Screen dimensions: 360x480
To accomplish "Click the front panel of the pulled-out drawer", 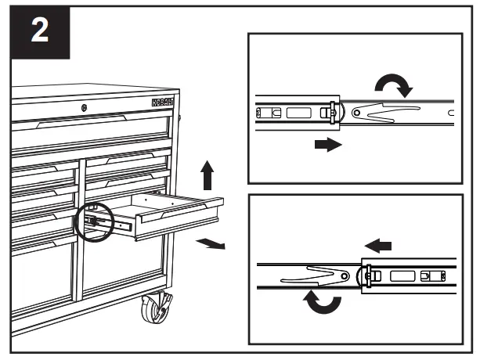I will coord(179,220).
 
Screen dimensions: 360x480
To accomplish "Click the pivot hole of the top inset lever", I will coord(357,114).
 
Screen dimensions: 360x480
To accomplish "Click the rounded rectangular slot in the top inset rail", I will coord(299,113).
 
